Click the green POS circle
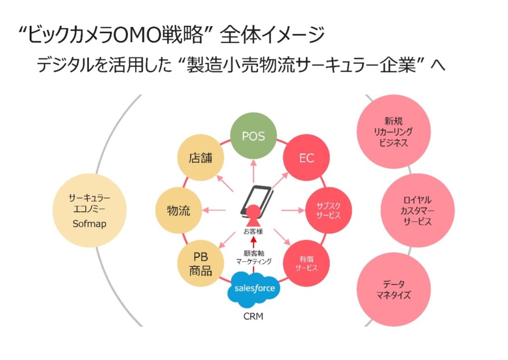click(253, 136)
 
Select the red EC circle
click(307, 159)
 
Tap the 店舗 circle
click(200, 158)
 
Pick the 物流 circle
click(179, 210)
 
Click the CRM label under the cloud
click(254, 316)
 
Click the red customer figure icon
click(254, 216)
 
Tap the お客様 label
click(253, 231)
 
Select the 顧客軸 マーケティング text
click(253, 256)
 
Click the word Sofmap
click(89, 224)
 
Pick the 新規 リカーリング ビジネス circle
click(393, 132)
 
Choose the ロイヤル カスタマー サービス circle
click(417, 210)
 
